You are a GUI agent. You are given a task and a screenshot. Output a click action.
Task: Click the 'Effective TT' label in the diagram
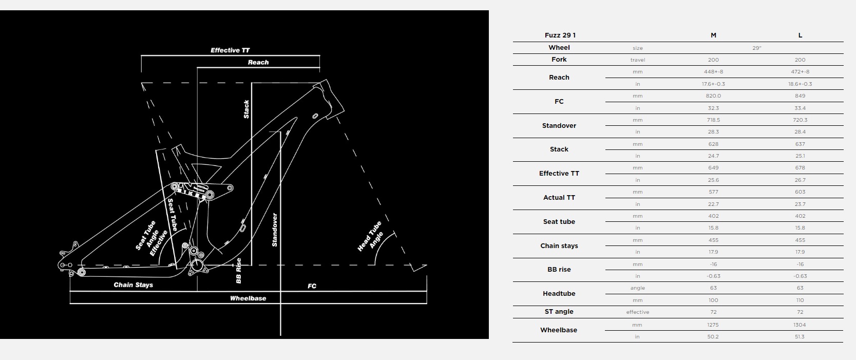coord(230,50)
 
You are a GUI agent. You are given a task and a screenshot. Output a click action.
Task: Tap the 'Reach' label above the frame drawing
coord(258,62)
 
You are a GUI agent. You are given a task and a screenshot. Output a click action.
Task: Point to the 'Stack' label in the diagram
coord(246,109)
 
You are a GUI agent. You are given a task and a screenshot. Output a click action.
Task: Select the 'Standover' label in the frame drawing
coord(274,230)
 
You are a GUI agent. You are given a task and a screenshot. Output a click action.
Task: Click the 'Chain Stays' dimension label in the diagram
coord(134,285)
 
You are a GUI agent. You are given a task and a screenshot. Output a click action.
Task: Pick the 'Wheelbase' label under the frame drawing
coord(248,298)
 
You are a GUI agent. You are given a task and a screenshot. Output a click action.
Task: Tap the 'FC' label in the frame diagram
coord(312,286)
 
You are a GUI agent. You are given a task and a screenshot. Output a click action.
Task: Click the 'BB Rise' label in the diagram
coord(239,271)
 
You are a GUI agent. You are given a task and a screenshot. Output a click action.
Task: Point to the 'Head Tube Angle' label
coord(370,236)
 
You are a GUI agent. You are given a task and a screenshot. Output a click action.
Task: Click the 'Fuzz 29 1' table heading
coord(560,35)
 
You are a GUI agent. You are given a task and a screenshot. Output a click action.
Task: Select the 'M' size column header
coord(713,35)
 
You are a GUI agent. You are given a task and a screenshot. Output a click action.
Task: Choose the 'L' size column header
coord(800,35)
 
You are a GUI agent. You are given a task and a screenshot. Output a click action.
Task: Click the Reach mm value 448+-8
coord(713,71)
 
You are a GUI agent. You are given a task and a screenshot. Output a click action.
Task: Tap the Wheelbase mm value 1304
coord(800,325)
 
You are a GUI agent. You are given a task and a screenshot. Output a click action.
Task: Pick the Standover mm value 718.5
coord(713,120)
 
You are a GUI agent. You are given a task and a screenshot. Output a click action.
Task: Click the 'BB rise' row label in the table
coord(559,270)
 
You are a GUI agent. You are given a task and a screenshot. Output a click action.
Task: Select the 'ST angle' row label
coord(559,311)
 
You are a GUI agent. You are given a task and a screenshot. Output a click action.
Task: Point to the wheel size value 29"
coord(757,48)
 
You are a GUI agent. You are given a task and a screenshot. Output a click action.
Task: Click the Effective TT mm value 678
coord(800,168)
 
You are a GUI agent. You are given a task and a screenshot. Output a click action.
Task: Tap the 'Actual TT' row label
coord(559,198)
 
